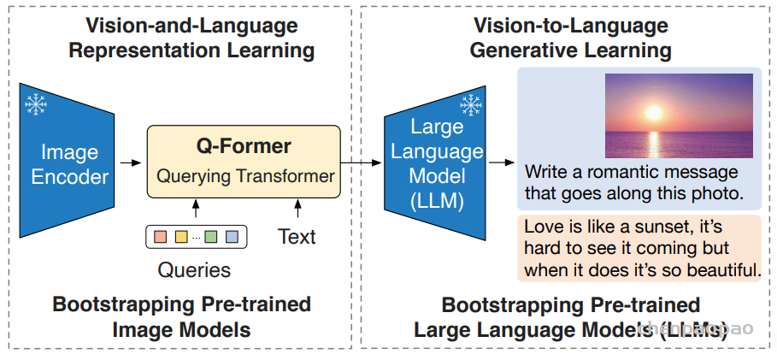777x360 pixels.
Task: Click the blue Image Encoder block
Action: click(67, 160)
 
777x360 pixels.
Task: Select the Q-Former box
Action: click(244, 162)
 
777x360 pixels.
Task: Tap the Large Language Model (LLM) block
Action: click(434, 162)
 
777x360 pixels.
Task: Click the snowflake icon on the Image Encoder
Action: click(36, 104)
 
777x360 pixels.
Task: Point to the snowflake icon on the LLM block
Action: click(470, 106)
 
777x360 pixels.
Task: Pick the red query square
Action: click(161, 236)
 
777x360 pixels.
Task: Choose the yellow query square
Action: click(181, 236)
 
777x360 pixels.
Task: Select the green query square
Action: click(211, 236)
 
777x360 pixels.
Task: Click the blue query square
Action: click(232, 236)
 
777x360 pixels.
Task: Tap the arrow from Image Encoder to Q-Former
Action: click(131, 162)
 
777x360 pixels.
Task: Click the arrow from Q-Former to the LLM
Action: click(362, 162)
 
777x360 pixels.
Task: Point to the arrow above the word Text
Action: click(297, 209)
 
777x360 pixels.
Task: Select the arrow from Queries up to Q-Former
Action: click(195, 209)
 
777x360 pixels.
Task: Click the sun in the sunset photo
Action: click(654, 113)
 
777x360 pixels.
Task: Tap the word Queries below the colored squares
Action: click(194, 269)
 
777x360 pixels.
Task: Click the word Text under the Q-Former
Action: click(297, 237)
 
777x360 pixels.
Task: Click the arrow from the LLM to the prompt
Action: click(502, 162)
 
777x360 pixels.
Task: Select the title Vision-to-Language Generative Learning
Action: click(571, 38)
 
